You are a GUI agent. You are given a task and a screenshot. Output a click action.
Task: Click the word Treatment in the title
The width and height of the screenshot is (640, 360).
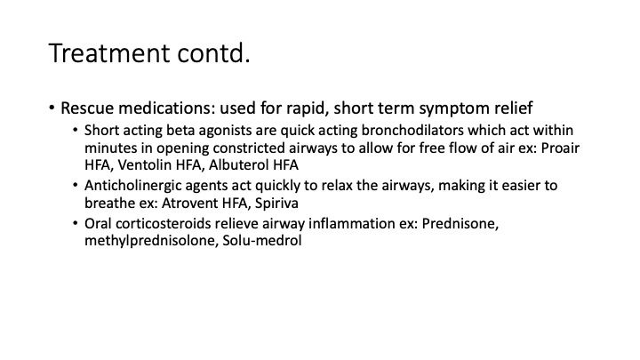[x=109, y=53]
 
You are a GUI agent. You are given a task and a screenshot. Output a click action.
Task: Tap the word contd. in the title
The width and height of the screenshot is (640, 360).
[x=213, y=53]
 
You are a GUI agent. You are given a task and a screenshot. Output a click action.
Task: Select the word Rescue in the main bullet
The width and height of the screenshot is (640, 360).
[x=87, y=108]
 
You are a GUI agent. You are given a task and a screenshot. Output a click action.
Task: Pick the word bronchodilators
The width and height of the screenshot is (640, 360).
[x=412, y=130]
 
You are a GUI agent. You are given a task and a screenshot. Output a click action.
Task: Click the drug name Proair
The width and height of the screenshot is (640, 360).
[x=560, y=148]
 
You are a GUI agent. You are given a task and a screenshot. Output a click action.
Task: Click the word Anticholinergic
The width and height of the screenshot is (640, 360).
[x=133, y=186]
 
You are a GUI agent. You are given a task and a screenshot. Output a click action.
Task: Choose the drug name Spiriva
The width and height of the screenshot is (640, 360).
[x=276, y=204]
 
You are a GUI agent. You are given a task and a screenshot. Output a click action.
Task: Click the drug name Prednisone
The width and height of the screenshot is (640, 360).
[x=460, y=224]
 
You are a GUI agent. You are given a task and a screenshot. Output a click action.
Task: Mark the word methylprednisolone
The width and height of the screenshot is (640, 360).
[x=151, y=240]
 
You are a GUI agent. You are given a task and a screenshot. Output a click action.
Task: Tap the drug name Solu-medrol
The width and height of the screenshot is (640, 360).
[x=262, y=240]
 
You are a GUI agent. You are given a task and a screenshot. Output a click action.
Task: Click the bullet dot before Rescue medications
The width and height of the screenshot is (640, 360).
[x=52, y=108]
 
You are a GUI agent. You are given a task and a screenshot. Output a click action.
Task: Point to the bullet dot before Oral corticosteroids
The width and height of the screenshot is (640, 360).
[x=75, y=223]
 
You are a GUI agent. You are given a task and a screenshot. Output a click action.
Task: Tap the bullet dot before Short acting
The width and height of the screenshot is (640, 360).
[x=75, y=130]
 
